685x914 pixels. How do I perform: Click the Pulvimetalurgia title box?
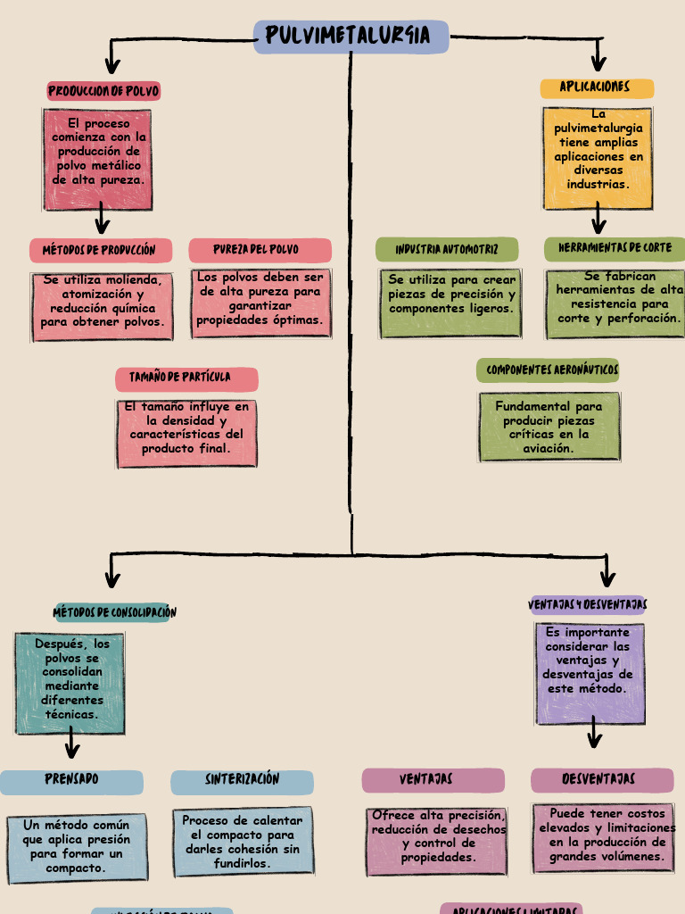pos(351,37)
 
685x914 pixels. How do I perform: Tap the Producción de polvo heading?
pos(103,91)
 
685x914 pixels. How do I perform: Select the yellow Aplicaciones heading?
pos(597,87)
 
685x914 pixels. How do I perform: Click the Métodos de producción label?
pos(99,250)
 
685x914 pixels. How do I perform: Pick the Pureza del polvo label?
pos(260,250)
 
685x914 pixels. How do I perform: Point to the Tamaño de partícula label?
pos(186,378)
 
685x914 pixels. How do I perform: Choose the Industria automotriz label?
pos(447,250)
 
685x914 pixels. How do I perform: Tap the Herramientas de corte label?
pos(615,248)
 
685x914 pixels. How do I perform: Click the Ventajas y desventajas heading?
pos(588,605)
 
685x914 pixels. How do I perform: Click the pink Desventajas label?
pos(601,780)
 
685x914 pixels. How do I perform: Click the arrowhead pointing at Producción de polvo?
pos(111,65)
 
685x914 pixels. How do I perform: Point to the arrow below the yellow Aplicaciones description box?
pos(598,220)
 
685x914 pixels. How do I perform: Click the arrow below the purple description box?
pos(594,735)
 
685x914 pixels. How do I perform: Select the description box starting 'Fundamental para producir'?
pos(549,428)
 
